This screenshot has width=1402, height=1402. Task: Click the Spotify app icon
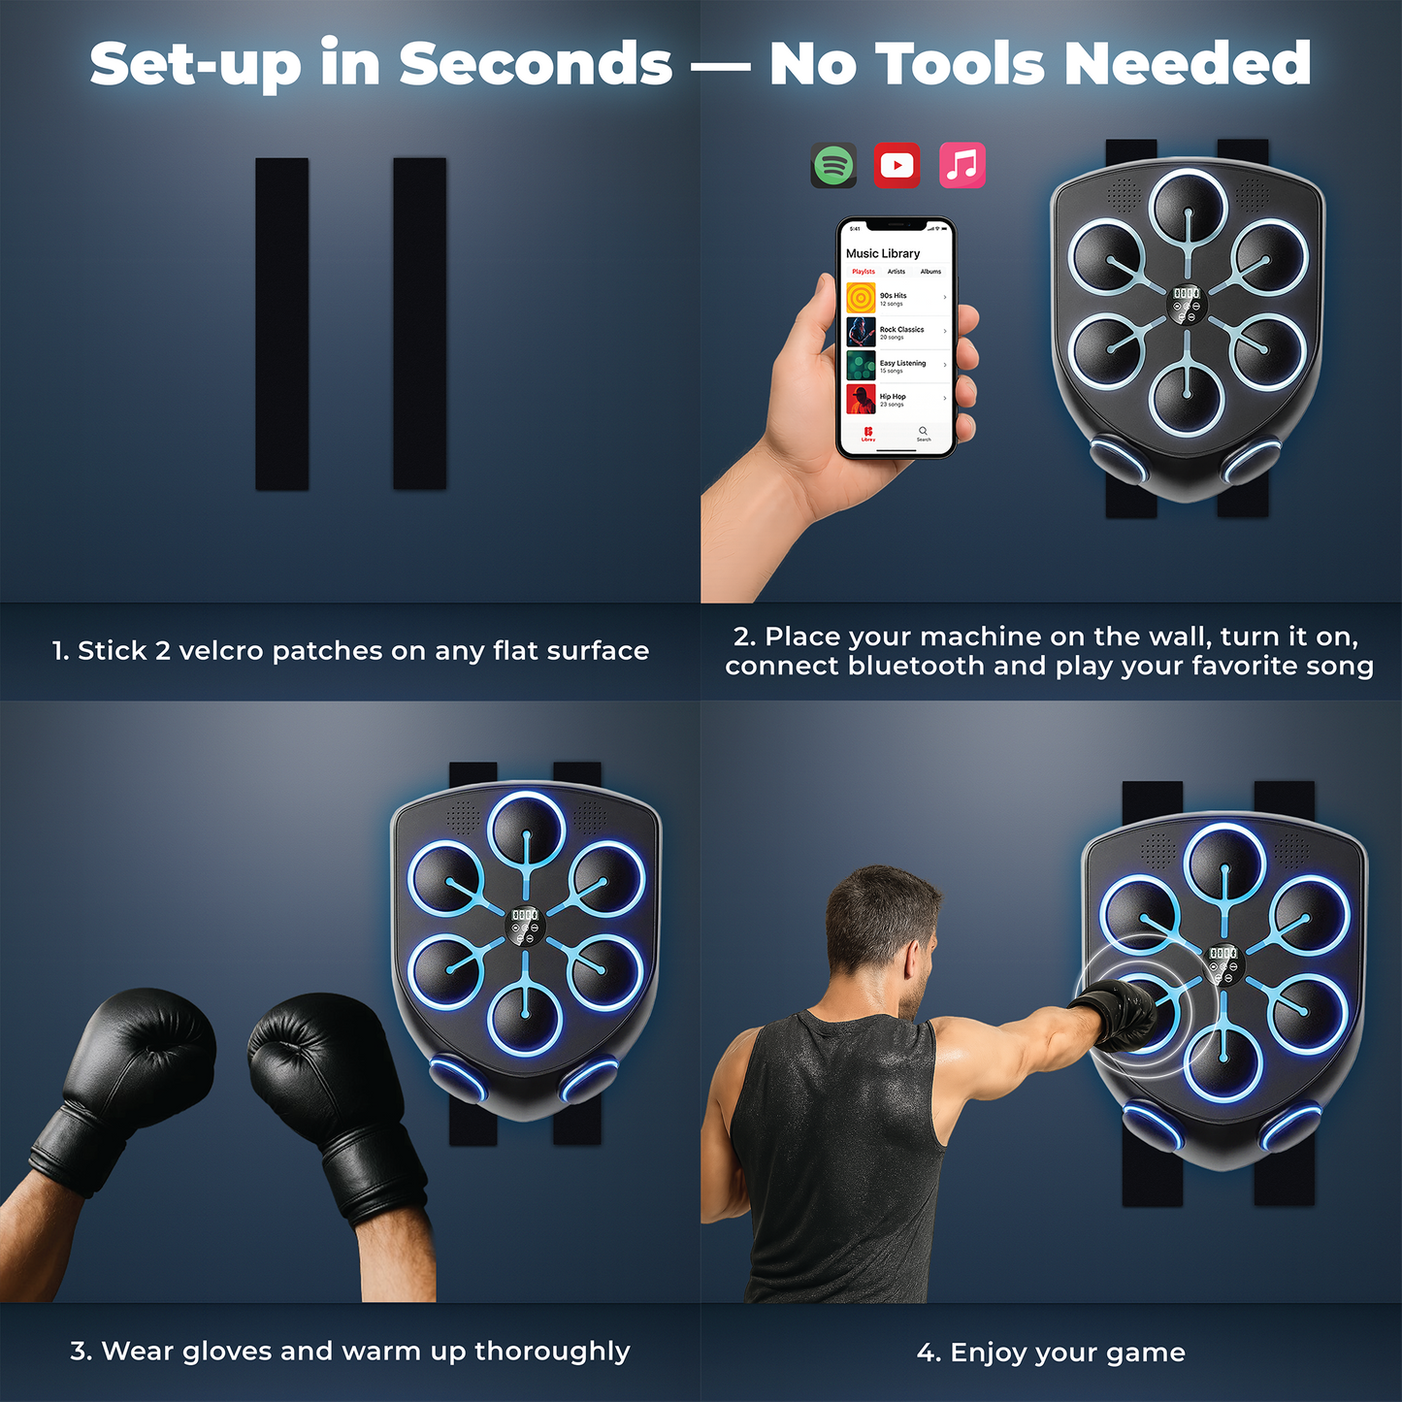tap(833, 166)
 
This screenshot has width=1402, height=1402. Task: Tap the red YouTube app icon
tap(897, 166)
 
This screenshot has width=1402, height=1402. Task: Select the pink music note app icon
tap(962, 166)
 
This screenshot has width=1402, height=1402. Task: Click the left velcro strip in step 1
tap(282, 324)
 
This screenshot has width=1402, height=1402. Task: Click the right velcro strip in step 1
tap(419, 324)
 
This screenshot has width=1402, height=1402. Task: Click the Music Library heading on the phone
tap(883, 253)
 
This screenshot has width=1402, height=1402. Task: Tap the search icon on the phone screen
tap(923, 431)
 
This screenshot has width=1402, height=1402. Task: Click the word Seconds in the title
tap(536, 64)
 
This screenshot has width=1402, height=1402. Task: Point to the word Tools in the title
tap(960, 64)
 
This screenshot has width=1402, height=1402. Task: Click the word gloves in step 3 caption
tap(227, 1352)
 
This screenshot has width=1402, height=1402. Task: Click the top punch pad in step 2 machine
tap(1188, 207)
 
